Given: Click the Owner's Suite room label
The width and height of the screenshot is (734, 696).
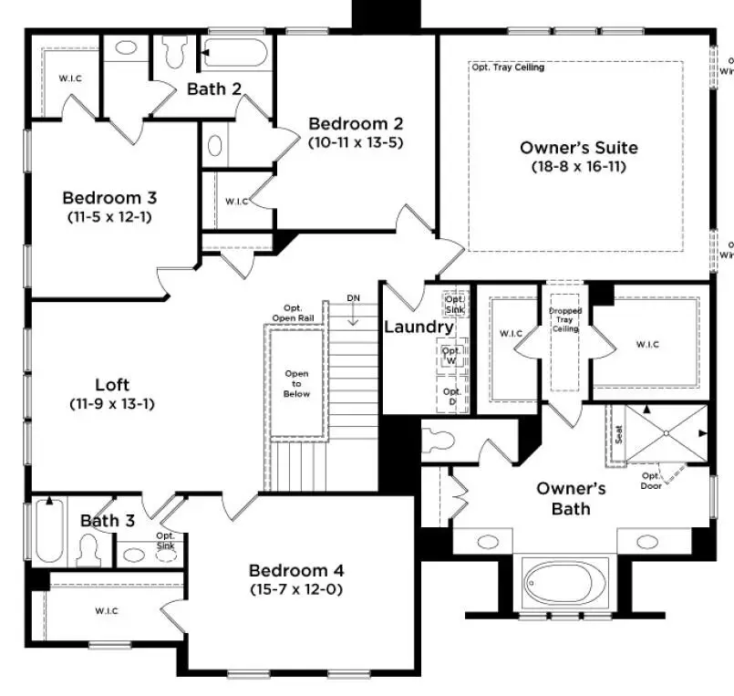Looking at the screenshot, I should [578, 148].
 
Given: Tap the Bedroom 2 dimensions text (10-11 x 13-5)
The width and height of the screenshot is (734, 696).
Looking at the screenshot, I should [355, 142].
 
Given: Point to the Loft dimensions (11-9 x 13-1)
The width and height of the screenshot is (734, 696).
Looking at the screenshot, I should [110, 402].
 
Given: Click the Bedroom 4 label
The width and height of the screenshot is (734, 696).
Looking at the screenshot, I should [295, 571].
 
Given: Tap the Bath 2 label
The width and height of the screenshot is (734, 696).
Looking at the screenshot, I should [213, 88].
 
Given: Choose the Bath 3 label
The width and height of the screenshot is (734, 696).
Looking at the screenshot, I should [107, 521].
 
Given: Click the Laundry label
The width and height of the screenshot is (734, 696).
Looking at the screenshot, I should [418, 327].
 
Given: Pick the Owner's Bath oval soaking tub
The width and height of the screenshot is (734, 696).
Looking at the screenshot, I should [559, 581].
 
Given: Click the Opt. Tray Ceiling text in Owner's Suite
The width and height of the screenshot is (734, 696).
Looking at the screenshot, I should [507, 68].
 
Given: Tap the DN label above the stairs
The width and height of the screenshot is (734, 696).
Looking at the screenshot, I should [354, 298].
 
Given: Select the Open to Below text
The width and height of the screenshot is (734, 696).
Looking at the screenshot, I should [296, 383].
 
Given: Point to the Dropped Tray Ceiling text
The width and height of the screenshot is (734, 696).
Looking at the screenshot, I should [564, 319].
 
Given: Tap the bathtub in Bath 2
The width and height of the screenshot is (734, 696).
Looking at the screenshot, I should [235, 50].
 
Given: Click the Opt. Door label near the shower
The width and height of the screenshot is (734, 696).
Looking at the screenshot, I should [650, 480].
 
